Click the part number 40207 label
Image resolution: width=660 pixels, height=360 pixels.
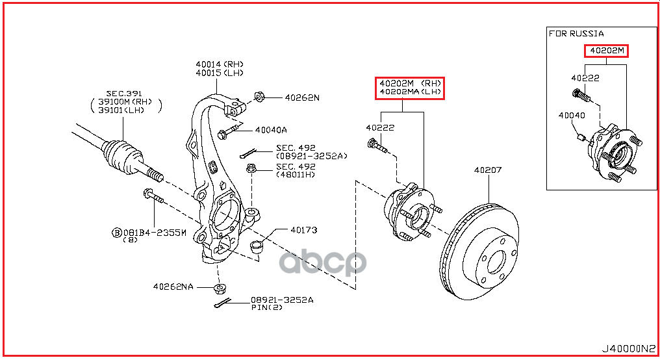coord(487,171)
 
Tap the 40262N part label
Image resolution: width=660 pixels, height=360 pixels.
coord(302,98)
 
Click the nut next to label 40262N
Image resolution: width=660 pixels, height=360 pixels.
coord(258,97)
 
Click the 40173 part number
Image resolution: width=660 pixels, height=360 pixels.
coord(303,230)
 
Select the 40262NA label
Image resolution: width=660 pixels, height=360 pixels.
coord(173,286)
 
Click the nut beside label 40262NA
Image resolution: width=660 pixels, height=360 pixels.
coord(220,289)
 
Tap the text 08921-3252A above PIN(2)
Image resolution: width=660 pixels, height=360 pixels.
coord(282,300)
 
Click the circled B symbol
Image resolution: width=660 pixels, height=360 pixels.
coord(117,232)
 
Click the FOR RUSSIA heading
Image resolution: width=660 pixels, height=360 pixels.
coord(576,33)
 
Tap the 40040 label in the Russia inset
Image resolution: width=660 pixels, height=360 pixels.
coord(572,115)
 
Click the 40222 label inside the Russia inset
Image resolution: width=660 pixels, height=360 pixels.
coord(585,78)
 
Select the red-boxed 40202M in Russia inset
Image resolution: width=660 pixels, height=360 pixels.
coord(606,51)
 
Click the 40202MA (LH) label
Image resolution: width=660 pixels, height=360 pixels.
coord(410,92)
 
